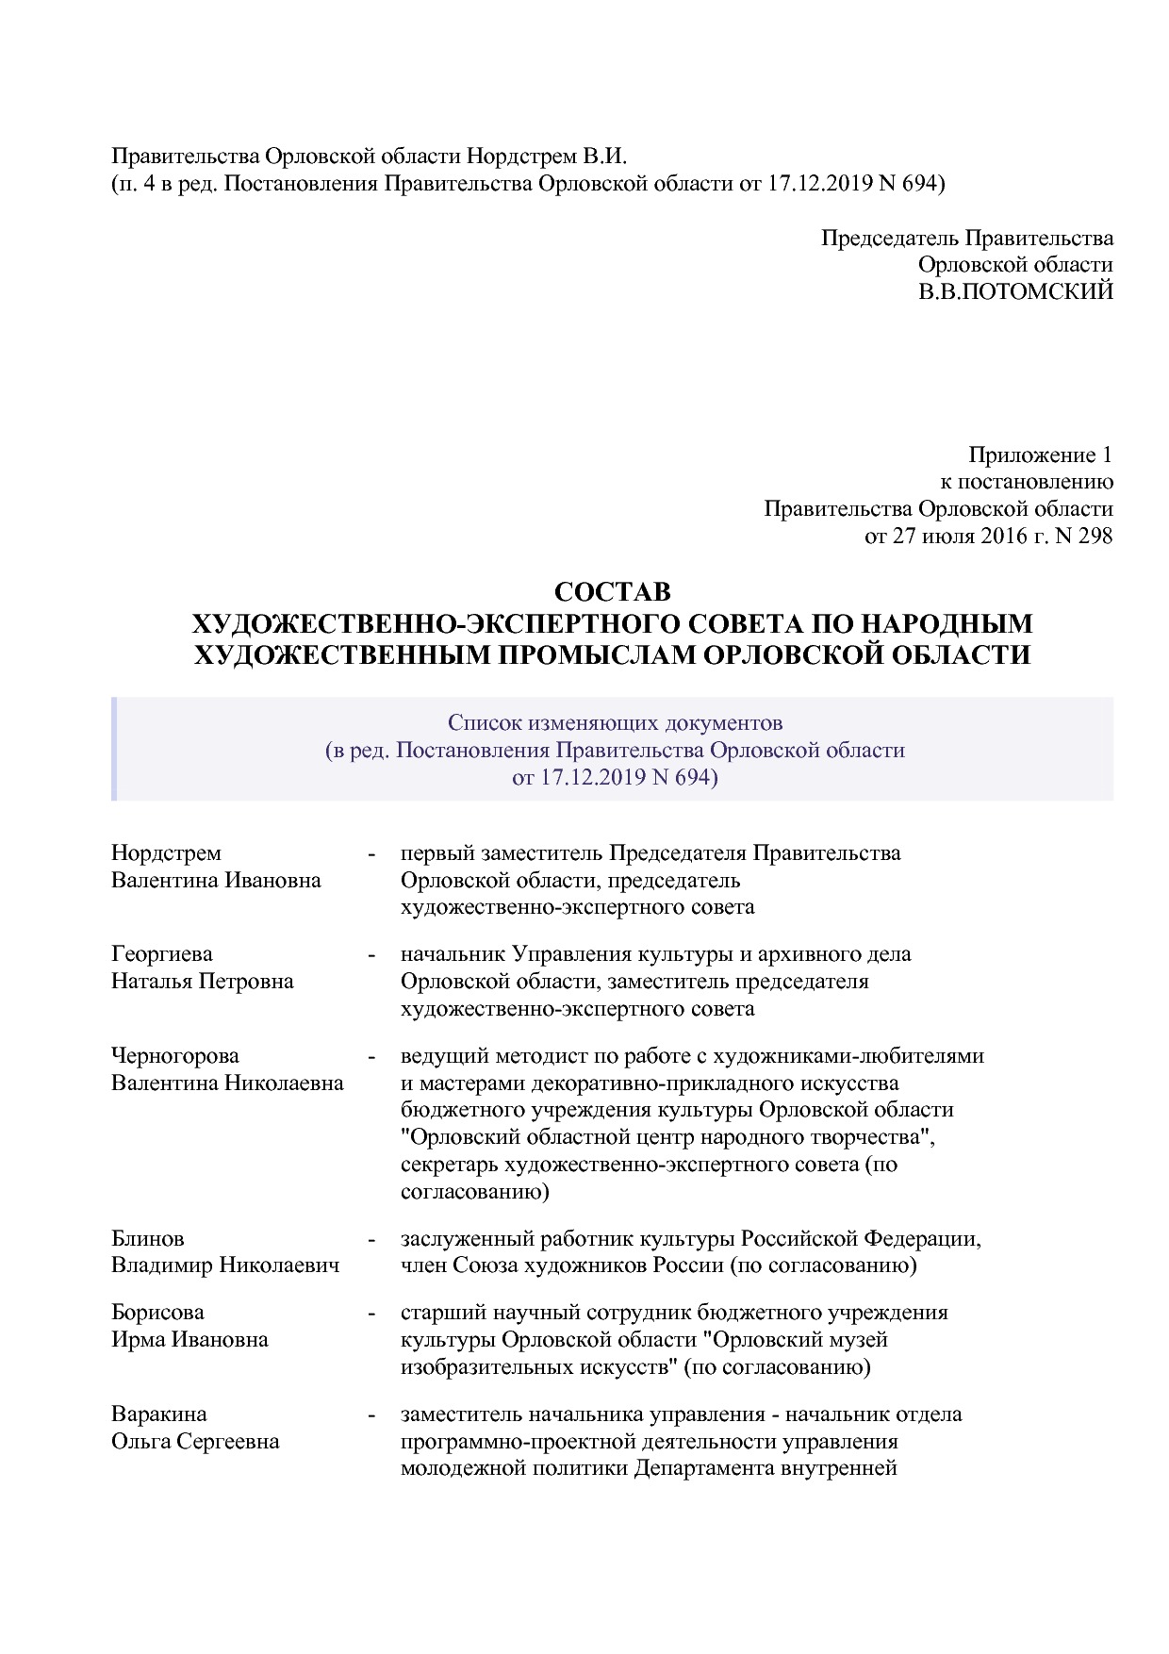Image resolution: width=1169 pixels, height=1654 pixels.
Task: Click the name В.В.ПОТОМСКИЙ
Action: [1015, 291]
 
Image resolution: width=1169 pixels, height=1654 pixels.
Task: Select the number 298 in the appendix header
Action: [1093, 537]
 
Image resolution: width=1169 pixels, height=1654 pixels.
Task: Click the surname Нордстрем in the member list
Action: [166, 852]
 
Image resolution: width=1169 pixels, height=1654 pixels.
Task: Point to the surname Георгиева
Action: [161, 953]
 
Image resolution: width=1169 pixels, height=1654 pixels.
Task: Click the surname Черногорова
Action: [174, 1055]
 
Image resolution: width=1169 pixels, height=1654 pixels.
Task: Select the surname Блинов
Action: [147, 1238]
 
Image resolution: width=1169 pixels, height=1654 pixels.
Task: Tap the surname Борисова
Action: [157, 1312]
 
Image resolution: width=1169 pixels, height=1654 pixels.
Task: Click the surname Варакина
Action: [158, 1414]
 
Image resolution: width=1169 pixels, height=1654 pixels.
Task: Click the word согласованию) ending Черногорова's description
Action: [474, 1192]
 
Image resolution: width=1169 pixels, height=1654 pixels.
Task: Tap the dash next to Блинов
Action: [371, 1238]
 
